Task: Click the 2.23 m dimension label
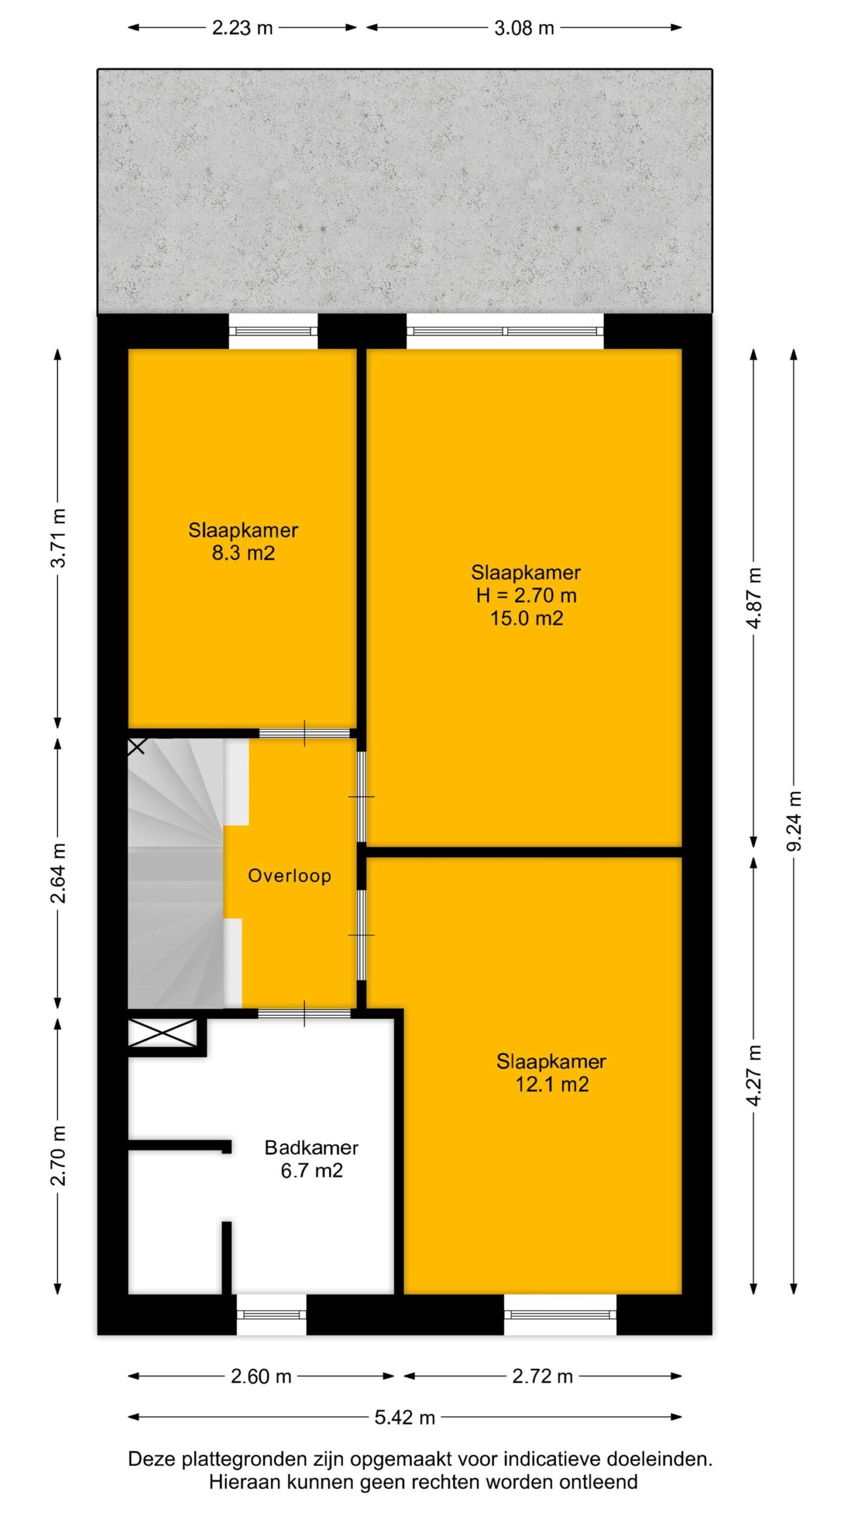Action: [242, 28]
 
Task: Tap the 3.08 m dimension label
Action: [524, 28]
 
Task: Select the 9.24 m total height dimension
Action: [794, 821]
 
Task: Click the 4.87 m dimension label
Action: [753, 598]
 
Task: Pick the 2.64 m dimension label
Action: [58, 873]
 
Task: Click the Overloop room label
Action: [289, 875]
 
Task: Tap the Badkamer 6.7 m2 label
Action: [311, 1158]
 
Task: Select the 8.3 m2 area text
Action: [243, 553]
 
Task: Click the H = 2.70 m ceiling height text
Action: [526, 595]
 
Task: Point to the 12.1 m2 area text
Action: [552, 1085]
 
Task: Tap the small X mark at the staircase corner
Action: [137, 746]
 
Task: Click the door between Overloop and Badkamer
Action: [304, 1013]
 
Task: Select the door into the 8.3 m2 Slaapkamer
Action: [304, 733]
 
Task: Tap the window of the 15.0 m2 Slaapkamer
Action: [505, 332]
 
